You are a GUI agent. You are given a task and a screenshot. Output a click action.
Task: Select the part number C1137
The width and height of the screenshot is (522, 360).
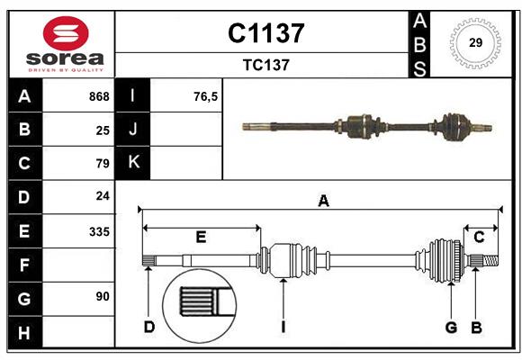(x=265, y=34)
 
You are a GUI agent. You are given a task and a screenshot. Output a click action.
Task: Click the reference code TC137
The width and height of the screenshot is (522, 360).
(x=265, y=65)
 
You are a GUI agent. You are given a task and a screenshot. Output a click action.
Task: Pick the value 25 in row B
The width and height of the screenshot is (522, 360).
(x=102, y=130)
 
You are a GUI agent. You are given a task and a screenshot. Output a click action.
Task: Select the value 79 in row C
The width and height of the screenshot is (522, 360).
(x=102, y=164)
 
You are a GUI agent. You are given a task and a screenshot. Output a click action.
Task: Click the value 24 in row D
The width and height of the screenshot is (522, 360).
(x=102, y=196)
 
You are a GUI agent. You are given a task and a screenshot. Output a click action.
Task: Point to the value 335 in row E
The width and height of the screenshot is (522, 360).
(x=99, y=231)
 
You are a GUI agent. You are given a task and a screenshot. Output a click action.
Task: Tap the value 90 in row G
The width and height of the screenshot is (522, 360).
(x=102, y=296)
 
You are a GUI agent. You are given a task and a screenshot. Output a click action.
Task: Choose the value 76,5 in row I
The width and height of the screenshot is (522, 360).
(x=205, y=96)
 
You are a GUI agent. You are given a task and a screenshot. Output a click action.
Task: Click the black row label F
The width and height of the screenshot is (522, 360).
(x=23, y=265)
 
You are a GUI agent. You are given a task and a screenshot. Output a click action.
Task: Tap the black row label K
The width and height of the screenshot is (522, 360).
(x=133, y=163)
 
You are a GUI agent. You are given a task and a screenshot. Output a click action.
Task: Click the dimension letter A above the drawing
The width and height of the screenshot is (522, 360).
(x=323, y=202)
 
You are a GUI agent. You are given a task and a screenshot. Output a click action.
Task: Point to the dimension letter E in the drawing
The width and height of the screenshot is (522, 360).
(x=201, y=238)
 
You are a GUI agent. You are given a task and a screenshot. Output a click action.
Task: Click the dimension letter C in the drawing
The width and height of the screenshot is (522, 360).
(x=479, y=238)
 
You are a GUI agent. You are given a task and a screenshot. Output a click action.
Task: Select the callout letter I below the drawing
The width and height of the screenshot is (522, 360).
(x=283, y=327)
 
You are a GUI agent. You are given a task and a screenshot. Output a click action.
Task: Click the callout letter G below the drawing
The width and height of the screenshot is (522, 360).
(x=451, y=327)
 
